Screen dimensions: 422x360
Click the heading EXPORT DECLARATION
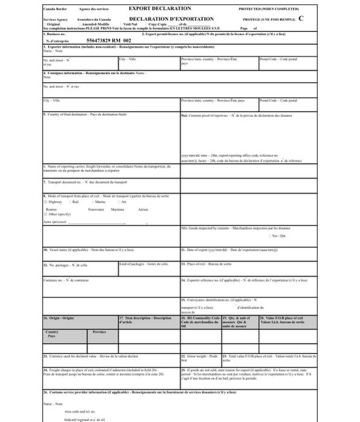pos(160,9)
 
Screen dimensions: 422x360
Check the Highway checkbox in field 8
pos(45,203)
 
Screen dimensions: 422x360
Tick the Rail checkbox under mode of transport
pos(70,203)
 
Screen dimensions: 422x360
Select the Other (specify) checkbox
pos(45,214)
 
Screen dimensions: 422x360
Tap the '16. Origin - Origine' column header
pos(58,318)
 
